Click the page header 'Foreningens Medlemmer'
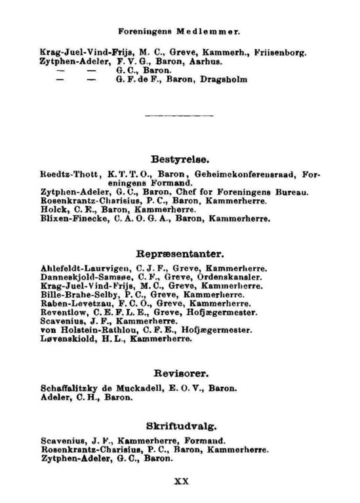coord(179,31)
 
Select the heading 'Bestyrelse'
coord(180,159)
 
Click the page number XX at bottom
coord(181,480)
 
